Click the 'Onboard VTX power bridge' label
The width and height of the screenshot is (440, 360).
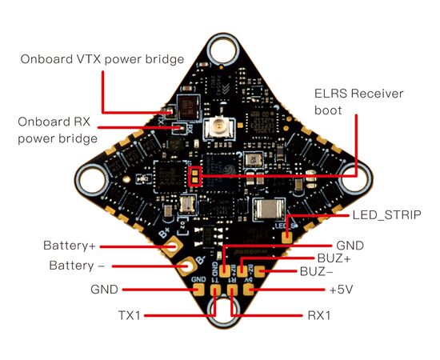[x=102, y=59]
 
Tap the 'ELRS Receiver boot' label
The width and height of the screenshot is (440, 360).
[x=358, y=102]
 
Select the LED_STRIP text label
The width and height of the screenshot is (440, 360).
[x=387, y=215]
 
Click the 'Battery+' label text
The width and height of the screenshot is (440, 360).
[x=70, y=246]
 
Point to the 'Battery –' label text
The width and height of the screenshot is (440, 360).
[x=77, y=266]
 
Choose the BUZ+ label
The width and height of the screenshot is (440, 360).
[x=334, y=258]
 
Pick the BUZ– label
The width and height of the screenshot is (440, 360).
[x=316, y=271]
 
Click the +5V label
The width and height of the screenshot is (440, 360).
[x=341, y=290]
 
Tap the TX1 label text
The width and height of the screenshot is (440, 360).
[x=130, y=315]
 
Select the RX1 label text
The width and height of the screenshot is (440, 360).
[x=319, y=315]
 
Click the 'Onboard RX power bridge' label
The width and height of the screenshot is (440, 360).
[x=58, y=130]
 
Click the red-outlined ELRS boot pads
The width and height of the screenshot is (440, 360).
[x=195, y=176]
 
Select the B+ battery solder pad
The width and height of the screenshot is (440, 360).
[x=172, y=246]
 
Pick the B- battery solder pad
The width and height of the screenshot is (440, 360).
[x=187, y=266]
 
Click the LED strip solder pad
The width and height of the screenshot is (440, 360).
[x=286, y=237]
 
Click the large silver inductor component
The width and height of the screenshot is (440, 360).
[x=269, y=209]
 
